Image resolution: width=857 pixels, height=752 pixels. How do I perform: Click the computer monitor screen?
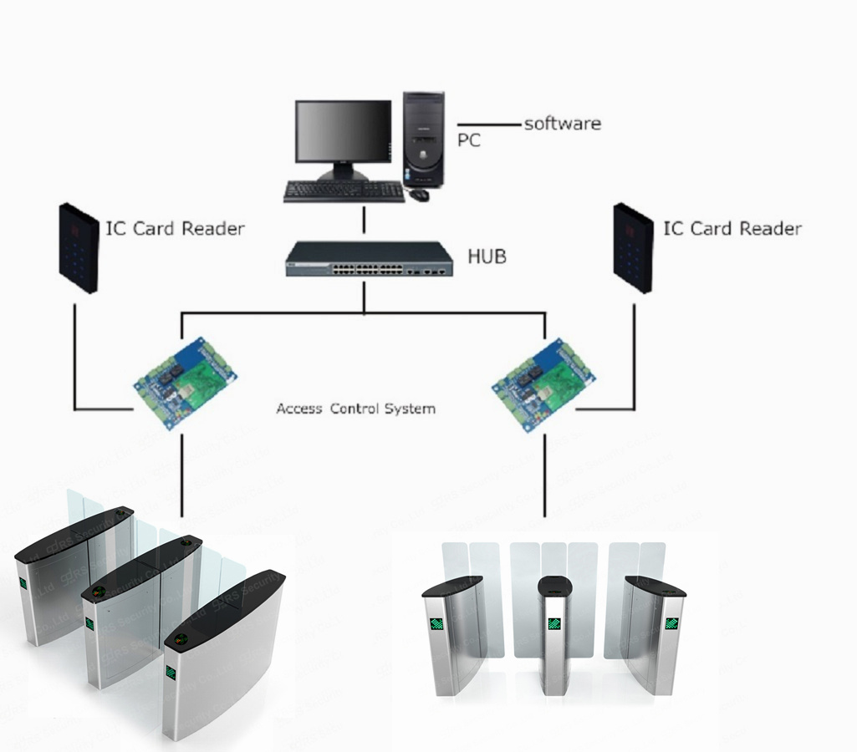[x=343, y=134]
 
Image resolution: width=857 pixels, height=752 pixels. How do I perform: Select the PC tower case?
[x=424, y=138]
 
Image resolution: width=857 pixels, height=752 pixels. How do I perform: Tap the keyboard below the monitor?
[x=344, y=191]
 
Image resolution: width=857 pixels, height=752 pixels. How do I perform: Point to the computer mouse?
[x=419, y=195]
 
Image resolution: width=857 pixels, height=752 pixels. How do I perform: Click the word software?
[x=562, y=124]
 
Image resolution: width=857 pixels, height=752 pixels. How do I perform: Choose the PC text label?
[x=469, y=140]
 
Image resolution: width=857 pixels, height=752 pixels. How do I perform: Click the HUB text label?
[x=487, y=257]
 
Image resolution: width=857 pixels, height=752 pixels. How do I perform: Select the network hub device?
[x=369, y=259]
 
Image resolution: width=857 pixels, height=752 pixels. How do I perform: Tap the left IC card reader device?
[x=79, y=247]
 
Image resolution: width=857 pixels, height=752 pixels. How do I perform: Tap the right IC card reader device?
[x=633, y=247]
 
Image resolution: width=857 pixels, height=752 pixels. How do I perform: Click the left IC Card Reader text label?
[x=175, y=228]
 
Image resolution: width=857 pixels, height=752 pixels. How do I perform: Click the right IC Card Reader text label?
[x=732, y=228]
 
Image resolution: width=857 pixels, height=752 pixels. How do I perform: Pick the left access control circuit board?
[x=185, y=381]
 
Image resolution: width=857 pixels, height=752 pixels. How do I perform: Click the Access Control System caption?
[x=355, y=409]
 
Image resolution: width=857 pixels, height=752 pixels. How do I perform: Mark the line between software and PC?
[x=488, y=125]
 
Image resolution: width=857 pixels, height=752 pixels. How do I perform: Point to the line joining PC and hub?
[x=365, y=221]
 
